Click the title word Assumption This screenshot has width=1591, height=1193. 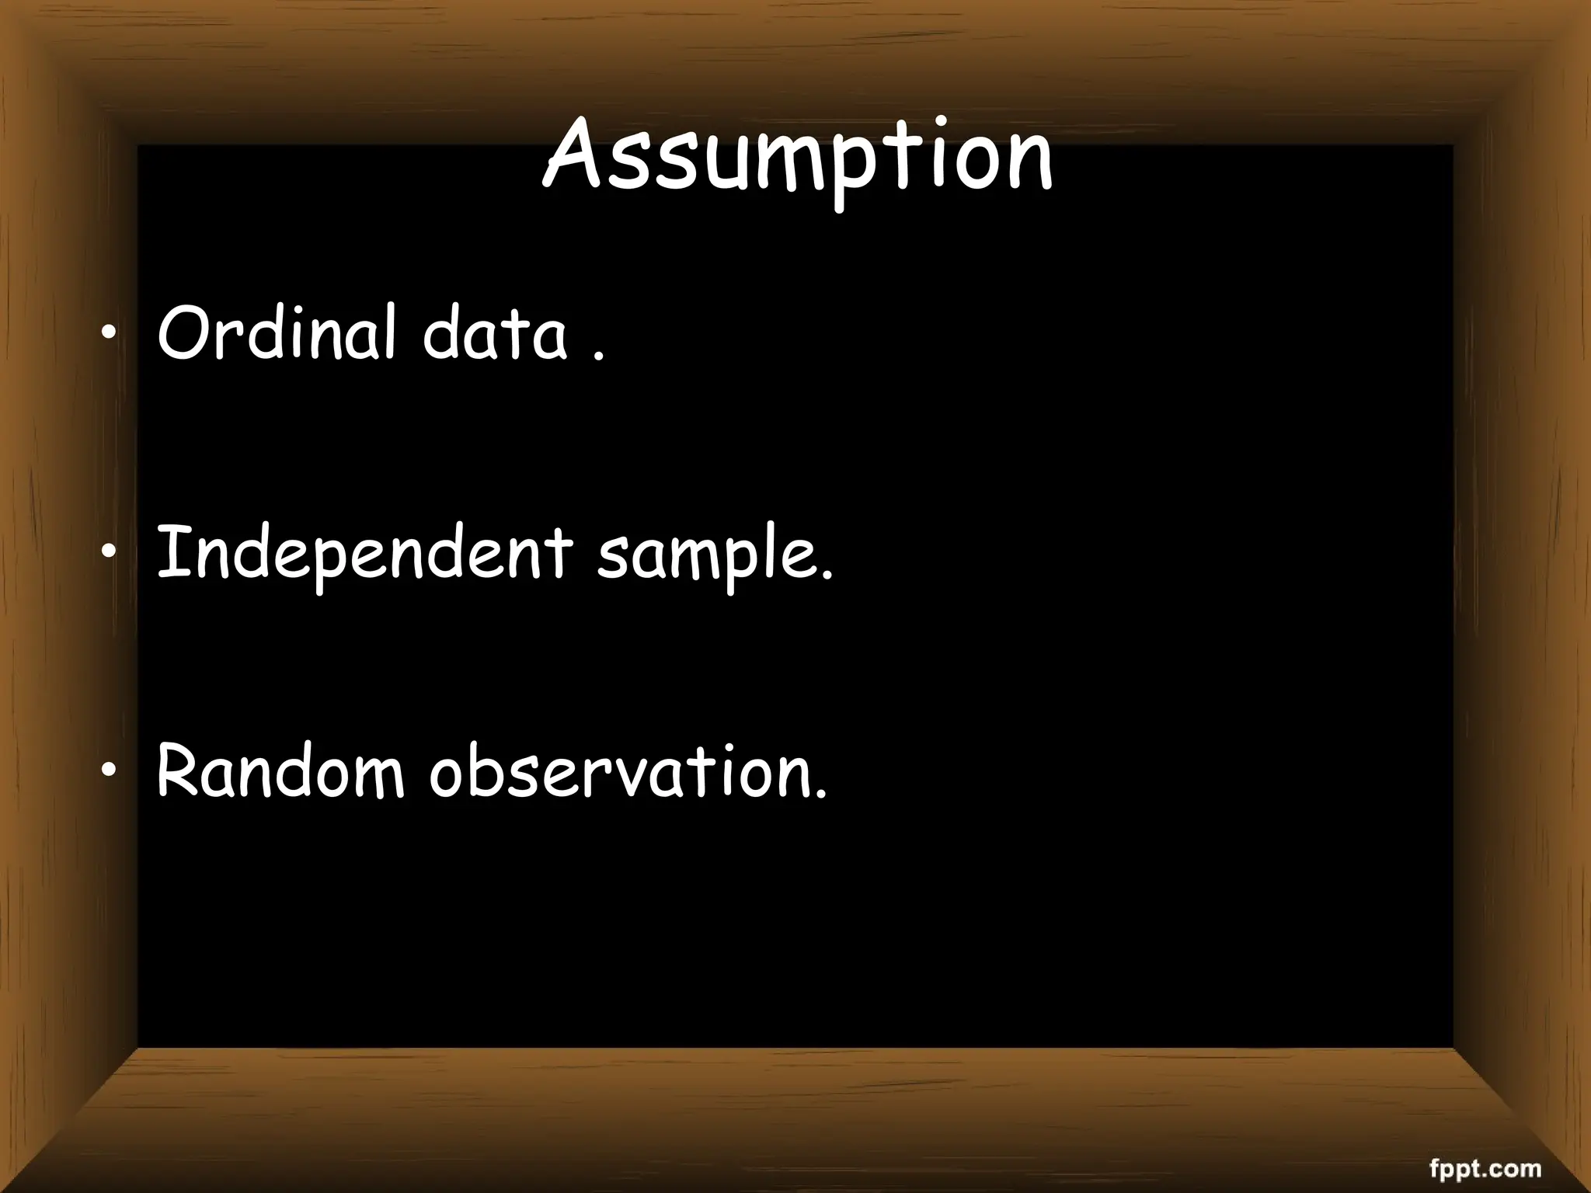pos(797,155)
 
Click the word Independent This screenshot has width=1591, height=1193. pos(364,553)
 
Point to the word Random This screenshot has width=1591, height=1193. pos(280,771)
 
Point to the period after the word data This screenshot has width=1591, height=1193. pos(597,357)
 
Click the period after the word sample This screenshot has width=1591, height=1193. pos(827,576)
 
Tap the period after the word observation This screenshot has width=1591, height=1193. pos(822,795)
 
